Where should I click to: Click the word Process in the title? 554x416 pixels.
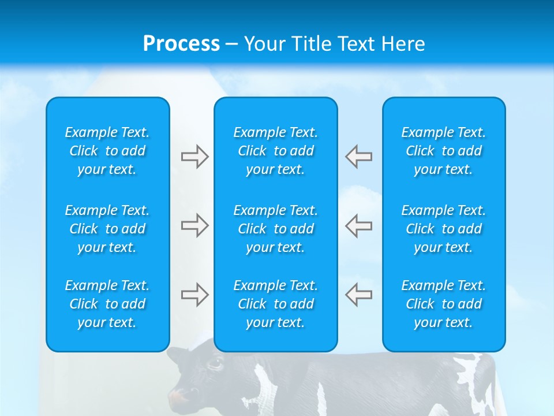pyautogui.click(x=181, y=44)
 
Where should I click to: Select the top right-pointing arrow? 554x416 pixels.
pyautogui.click(x=195, y=157)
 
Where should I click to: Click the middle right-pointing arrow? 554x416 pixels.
pyautogui.click(x=195, y=225)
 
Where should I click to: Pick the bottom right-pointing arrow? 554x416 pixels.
pyautogui.click(x=195, y=295)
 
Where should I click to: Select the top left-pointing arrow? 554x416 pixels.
pyautogui.click(x=358, y=157)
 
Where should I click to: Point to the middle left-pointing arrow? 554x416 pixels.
pyautogui.click(x=358, y=225)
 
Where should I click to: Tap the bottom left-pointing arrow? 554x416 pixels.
pyautogui.click(x=358, y=295)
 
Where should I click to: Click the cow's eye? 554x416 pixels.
pyautogui.click(x=215, y=363)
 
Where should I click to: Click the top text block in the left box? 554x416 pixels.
pyautogui.click(x=107, y=151)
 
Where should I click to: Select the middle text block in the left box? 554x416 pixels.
pyautogui.click(x=107, y=229)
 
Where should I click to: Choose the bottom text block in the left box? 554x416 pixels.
pyautogui.click(x=107, y=304)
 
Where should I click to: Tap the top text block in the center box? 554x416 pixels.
pyautogui.click(x=276, y=151)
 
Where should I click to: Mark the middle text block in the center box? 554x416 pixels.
pyautogui.click(x=276, y=229)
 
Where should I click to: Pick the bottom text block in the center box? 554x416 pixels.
pyautogui.click(x=276, y=304)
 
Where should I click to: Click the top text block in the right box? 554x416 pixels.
pyautogui.click(x=444, y=151)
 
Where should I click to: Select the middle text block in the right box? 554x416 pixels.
pyautogui.click(x=444, y=229)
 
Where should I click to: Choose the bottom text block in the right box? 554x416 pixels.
pyautogui.click(x=444, y=304)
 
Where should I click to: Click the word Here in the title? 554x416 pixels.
pyautogui.click(x=402, y=44)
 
